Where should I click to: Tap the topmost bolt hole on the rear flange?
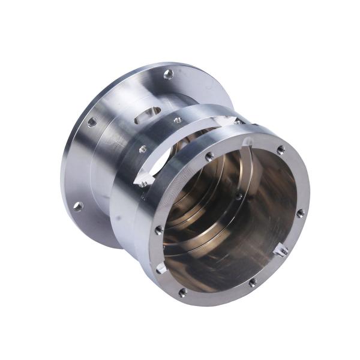[169, 74]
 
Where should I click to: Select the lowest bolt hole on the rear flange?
[78, 206]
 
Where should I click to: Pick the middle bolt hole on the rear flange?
[92, 122]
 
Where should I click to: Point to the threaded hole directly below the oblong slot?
[143, 149]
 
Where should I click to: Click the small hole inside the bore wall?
[239, 196]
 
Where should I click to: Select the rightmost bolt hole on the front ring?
[301, 212]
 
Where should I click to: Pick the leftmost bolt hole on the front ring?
[158, 230]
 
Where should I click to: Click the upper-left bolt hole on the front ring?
[209, 156]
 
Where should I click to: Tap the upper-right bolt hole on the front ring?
[280, 150]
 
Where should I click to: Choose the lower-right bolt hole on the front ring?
[253, 282]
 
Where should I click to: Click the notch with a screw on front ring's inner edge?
[281, 248]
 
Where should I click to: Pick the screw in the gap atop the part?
[238, 122]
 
